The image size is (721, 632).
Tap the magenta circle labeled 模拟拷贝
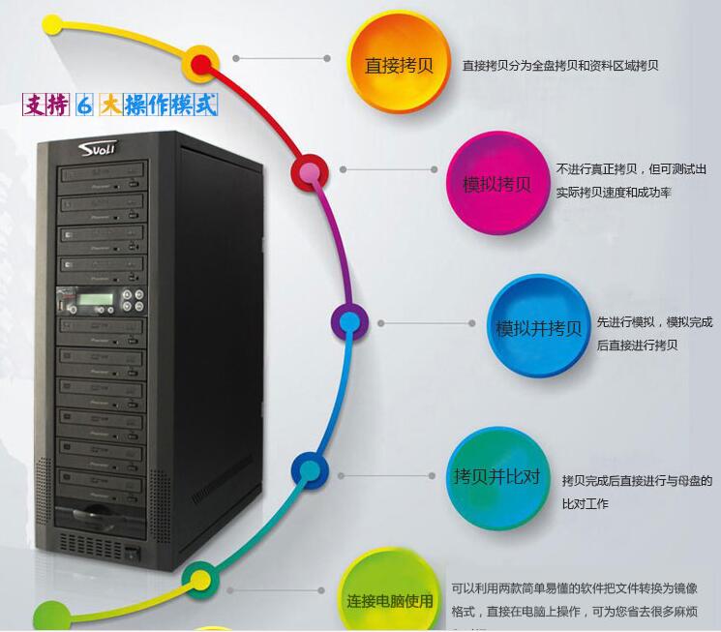coord(496,183)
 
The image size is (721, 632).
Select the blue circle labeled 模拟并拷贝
coord(538,326)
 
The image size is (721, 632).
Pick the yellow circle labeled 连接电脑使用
coord(390,596)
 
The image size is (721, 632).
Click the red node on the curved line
coord(201,64)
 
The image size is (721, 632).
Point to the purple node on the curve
coord(349,321)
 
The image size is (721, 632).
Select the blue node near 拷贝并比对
coord(309,472)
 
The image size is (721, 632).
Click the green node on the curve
coord(200,580)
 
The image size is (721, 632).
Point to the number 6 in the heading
coord(82,104)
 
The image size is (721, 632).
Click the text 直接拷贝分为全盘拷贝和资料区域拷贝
coord(560,66)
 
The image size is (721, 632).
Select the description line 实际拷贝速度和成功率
coord(613,193)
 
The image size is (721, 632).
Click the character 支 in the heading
coord(35,104)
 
